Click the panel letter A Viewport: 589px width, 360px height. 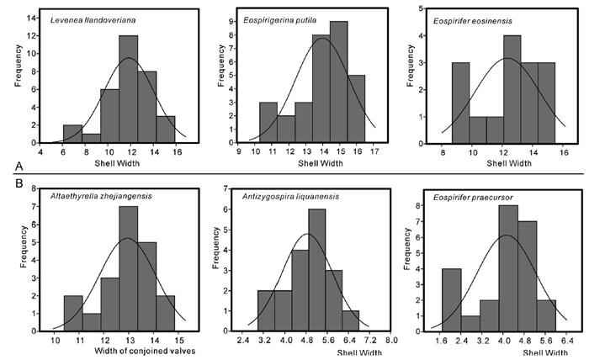click(8, 166)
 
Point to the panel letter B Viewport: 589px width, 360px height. click(8, 182)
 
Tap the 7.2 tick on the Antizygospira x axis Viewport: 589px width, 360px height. click(365, 341)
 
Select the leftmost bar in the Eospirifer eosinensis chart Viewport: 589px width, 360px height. click(460, 112)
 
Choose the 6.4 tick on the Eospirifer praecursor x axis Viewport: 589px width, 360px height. click(566, 341)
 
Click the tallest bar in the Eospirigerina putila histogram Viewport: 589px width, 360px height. click(340, 93)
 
